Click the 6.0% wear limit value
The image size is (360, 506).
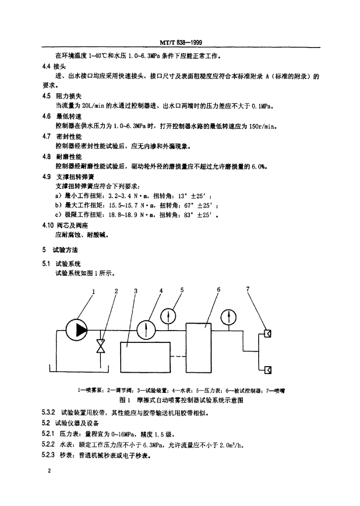pos(258,167)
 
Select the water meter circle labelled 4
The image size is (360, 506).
pos(146,329)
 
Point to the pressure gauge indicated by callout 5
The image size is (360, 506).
pos(169,315)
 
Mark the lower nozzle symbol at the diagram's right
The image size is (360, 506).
pos(268,369)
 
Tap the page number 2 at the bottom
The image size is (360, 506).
pos(50,471)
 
